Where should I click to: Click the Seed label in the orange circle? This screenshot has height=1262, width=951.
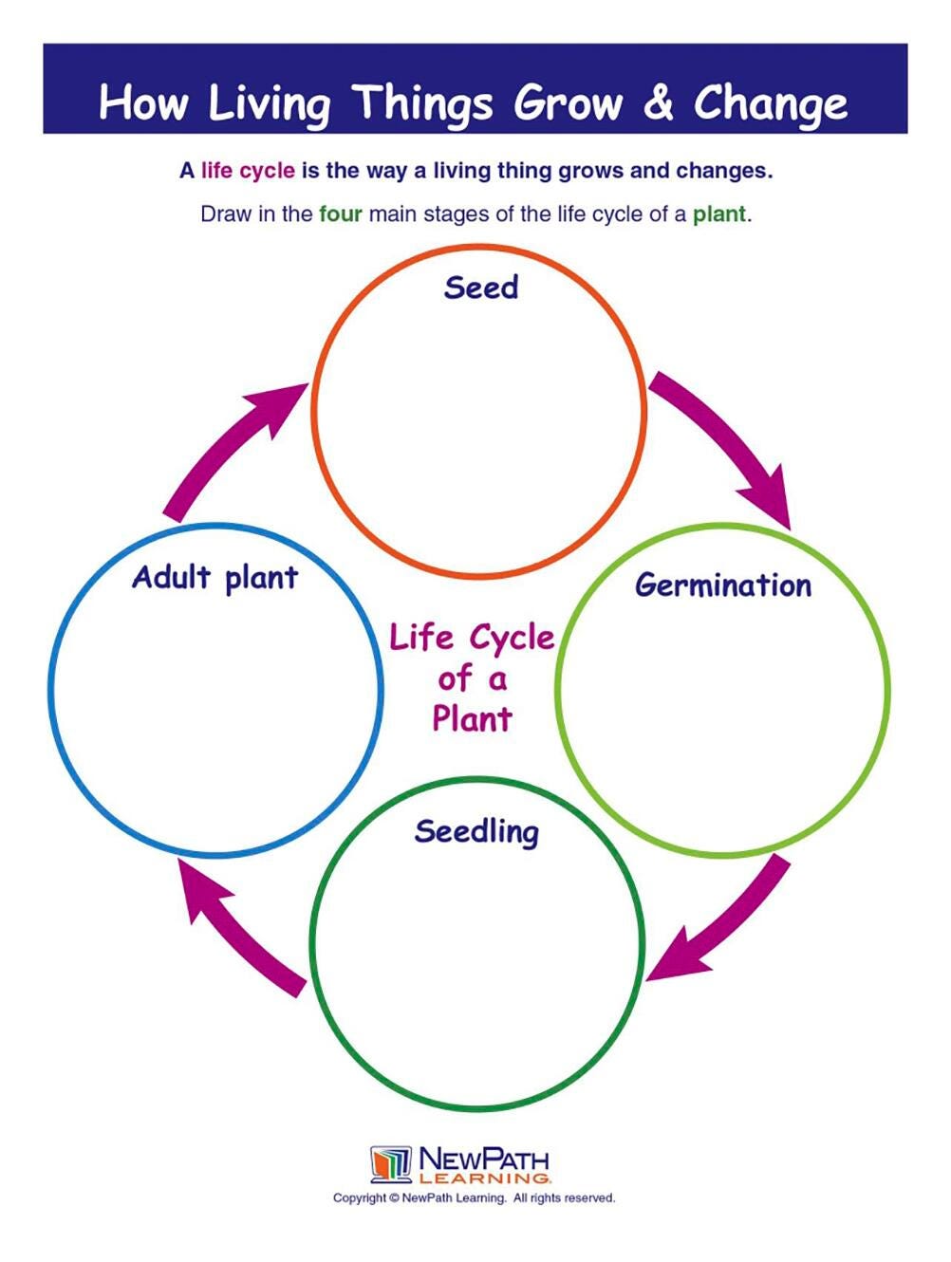point(481,288)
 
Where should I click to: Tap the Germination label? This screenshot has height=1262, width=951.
point(723,585)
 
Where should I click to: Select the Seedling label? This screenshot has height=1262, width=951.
point(476,832)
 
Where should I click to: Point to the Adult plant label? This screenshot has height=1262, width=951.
point(215,578)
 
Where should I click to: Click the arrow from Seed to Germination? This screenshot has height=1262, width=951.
point(727,440)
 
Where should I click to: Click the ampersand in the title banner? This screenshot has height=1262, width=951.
point(657,102)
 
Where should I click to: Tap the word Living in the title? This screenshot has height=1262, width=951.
point(269,103)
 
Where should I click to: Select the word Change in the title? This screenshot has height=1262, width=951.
point(770,103)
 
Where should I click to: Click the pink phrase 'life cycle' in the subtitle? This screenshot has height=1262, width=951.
point(248,172)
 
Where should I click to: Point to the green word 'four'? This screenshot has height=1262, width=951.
point(341,214)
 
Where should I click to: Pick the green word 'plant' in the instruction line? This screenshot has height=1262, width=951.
point(718,214)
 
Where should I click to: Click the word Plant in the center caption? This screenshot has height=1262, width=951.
point(472,718)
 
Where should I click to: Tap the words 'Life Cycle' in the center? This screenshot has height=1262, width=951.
point(472,638)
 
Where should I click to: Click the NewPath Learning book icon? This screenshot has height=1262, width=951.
point(390,1165)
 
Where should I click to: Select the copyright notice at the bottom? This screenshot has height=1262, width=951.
point(474,1198)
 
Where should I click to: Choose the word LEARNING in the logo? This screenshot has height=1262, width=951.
point(484,1178)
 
